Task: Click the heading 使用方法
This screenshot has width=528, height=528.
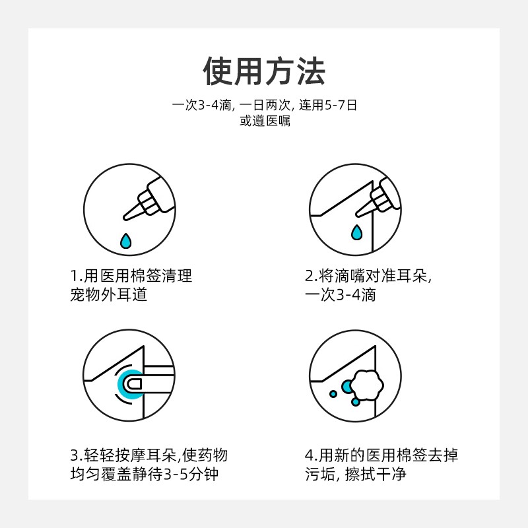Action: [264, 71]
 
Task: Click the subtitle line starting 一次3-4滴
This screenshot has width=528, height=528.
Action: [265, 105]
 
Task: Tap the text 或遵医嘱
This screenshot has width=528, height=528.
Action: [265, 121]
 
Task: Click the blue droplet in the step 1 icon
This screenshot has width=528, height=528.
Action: [126, 241]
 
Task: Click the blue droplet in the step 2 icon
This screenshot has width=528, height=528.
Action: [356, 232]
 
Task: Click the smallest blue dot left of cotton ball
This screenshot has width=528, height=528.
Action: [333, 393]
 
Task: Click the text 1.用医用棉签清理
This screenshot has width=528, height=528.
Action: [131, 276]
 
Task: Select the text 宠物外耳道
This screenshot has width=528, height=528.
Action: [109, 294]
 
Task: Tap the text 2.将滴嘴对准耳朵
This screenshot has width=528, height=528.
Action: [368, 276]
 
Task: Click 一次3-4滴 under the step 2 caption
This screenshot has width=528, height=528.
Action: [341, 294]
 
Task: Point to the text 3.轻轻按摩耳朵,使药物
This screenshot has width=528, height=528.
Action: [149, 455]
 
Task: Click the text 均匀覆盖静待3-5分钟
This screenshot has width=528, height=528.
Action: [145, 474]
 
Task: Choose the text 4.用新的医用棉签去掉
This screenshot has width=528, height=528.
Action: [381, 455]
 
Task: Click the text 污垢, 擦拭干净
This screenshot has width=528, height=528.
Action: [356, 474]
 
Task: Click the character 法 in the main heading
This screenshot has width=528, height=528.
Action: [311, 71]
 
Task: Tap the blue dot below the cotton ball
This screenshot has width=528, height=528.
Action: [356, 402]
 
